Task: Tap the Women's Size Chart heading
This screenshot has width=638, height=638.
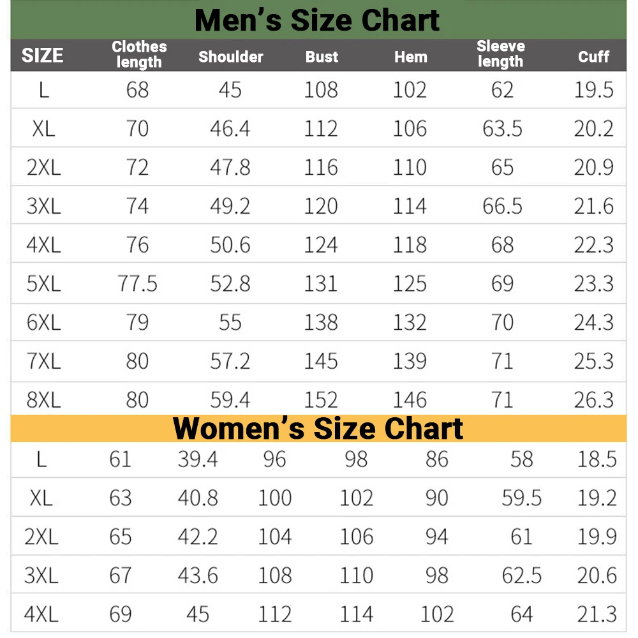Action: (318, 428)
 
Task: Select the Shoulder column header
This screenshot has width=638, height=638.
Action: (230, 57)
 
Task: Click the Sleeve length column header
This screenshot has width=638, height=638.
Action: (501, 54)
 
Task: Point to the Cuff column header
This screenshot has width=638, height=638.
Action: (593, 57)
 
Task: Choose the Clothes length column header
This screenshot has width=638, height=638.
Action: (139, 54)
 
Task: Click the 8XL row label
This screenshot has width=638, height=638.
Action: (43, 400)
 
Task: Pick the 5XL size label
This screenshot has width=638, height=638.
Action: (43, 283)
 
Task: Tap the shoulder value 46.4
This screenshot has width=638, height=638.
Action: (230, 129)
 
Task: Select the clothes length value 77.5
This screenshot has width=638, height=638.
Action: (138, 283)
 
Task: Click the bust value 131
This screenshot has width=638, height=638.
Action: (321, 283)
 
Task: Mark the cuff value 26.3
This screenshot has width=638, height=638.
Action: (593, 400)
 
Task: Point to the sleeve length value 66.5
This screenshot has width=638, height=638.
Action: (502, 206)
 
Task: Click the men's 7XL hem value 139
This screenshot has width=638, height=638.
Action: (410, 361)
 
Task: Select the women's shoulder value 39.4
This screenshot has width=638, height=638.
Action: (198, 459)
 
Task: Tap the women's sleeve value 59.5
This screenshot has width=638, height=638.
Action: (521, 498)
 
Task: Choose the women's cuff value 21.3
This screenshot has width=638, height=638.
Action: (597, 614)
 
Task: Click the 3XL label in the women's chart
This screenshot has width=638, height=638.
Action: (41, 575)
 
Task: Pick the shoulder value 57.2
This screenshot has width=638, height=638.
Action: (230, 361)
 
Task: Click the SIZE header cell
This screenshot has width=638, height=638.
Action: (43, 56)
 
